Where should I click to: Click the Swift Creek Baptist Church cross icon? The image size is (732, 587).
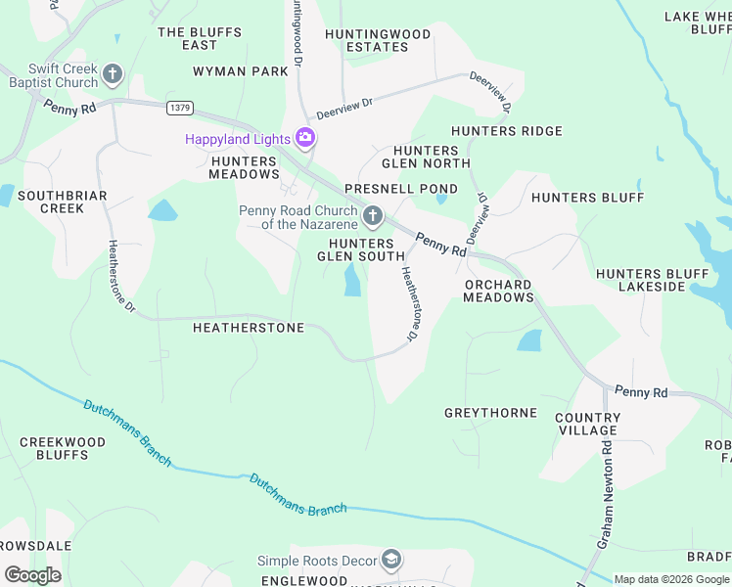114,73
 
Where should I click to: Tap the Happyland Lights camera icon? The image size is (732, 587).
305,138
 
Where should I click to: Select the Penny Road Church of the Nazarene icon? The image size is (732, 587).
372,215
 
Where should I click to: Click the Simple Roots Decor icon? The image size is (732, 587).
391,560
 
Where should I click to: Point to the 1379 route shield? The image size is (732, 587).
179,107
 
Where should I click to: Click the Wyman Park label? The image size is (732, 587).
241,71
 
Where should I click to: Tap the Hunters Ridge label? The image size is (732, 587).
506,131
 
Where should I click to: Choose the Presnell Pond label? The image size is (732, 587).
400,188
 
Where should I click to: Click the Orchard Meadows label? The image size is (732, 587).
498,291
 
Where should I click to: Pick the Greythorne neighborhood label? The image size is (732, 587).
490,413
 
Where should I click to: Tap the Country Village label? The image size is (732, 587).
587,424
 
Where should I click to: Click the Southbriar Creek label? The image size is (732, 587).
63,202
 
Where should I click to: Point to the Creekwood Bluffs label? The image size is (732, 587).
63,448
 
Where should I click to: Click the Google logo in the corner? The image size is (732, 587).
32,574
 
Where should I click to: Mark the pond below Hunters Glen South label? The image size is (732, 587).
351,282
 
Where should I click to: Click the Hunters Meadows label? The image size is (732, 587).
244,167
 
